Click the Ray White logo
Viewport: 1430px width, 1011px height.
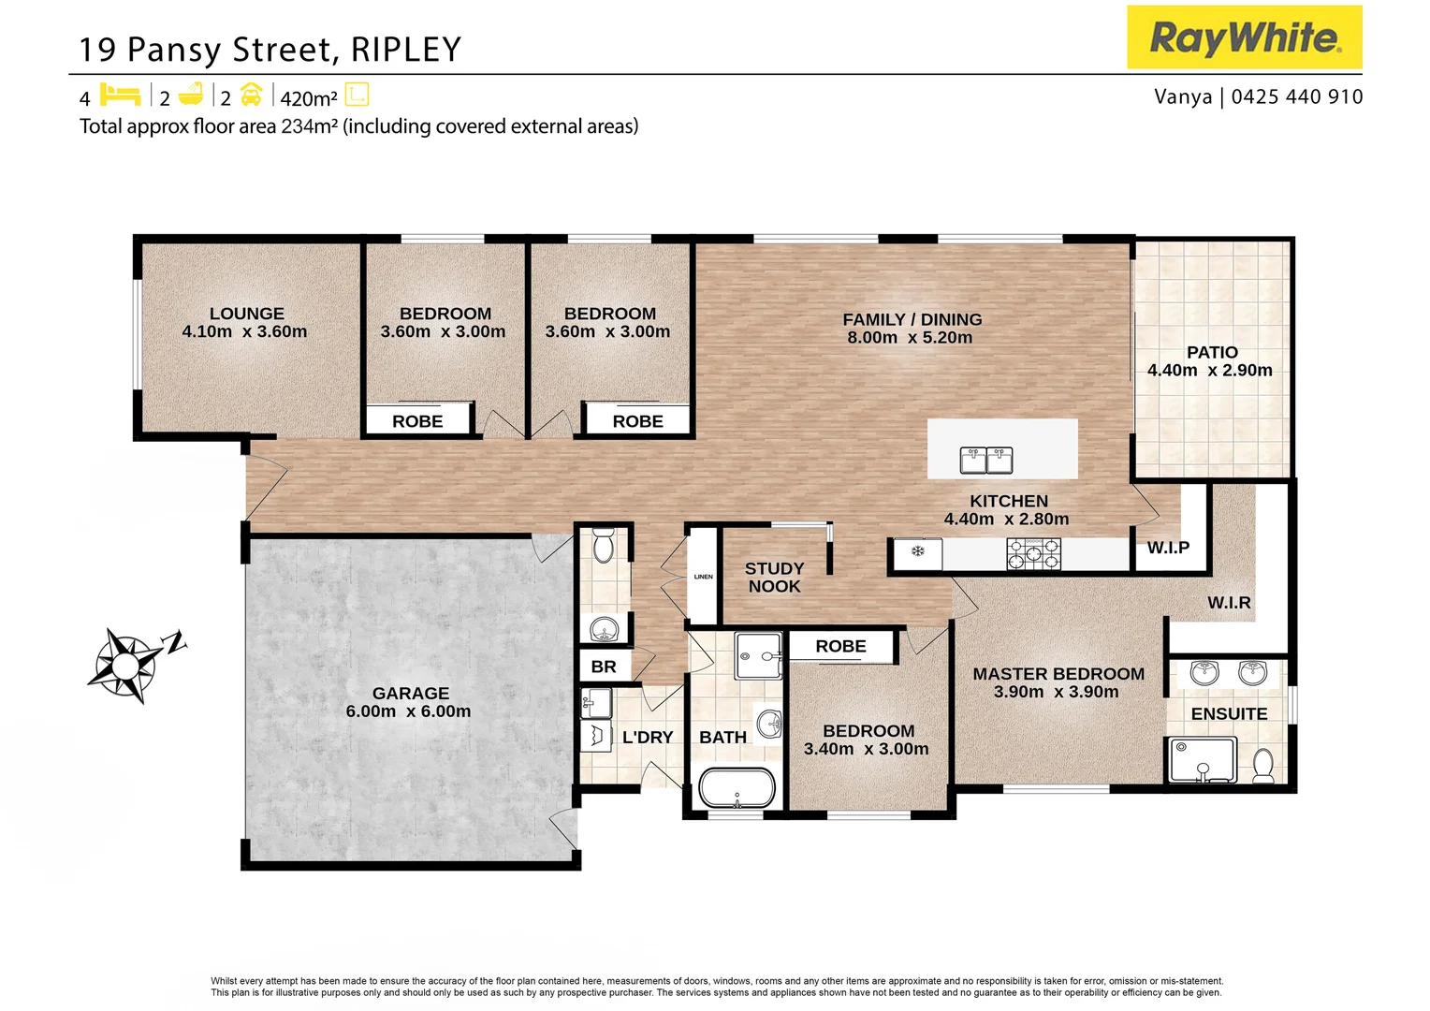pos(1244,37)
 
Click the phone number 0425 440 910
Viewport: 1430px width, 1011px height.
pos(1296,96)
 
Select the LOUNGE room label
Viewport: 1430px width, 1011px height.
pos(246,314)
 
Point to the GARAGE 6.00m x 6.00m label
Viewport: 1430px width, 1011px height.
pos(409,702)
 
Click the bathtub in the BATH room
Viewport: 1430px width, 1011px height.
pos(737,788)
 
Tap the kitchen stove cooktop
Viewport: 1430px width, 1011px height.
pos(1033,554)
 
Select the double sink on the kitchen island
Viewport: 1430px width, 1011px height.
pos(986,460)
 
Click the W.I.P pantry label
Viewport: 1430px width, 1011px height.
pos(1168,548)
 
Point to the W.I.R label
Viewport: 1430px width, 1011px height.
pos(1228,603)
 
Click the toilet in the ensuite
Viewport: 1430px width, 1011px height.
pos(1262,765)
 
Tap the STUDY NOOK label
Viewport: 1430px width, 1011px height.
pos(774,578)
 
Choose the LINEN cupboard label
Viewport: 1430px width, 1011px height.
pos(704,577)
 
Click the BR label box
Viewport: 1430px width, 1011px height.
pos(604,667)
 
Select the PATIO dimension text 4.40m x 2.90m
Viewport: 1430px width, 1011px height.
pos(1209,371)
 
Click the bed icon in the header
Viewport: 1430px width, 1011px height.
pos(120,95)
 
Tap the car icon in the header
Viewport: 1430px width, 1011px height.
pos(251,95)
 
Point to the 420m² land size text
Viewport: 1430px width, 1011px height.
pos(308,98)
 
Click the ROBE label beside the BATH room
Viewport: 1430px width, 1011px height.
pos(840,646)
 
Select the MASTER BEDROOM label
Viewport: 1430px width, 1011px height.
pos(1058,674)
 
